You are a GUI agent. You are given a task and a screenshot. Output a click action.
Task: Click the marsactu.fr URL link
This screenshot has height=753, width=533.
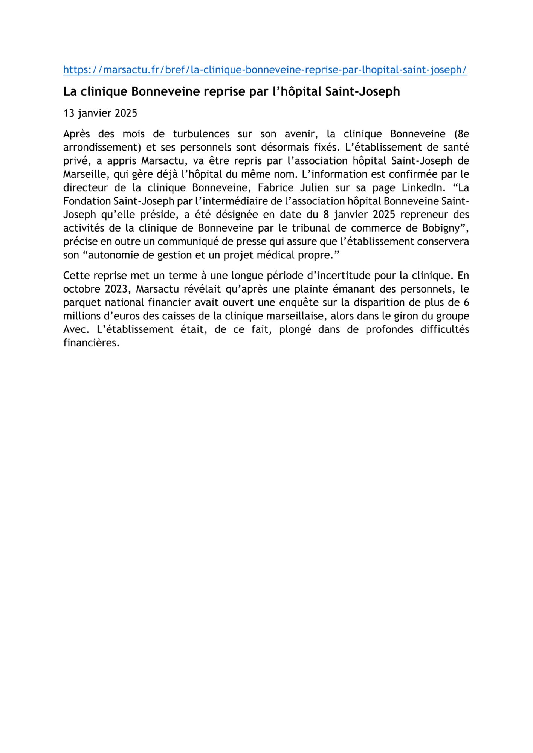point(265,70)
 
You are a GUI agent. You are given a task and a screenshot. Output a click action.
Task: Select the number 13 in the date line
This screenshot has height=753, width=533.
point(69,113)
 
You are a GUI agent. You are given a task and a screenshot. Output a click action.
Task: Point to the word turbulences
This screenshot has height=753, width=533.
point(201,134)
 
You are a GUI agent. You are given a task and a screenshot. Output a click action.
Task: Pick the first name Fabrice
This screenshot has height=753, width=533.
point(276,187)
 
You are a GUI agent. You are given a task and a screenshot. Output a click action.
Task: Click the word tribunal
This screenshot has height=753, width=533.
point(313,228)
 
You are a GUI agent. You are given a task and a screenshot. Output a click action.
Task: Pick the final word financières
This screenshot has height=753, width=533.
point(91,343)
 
